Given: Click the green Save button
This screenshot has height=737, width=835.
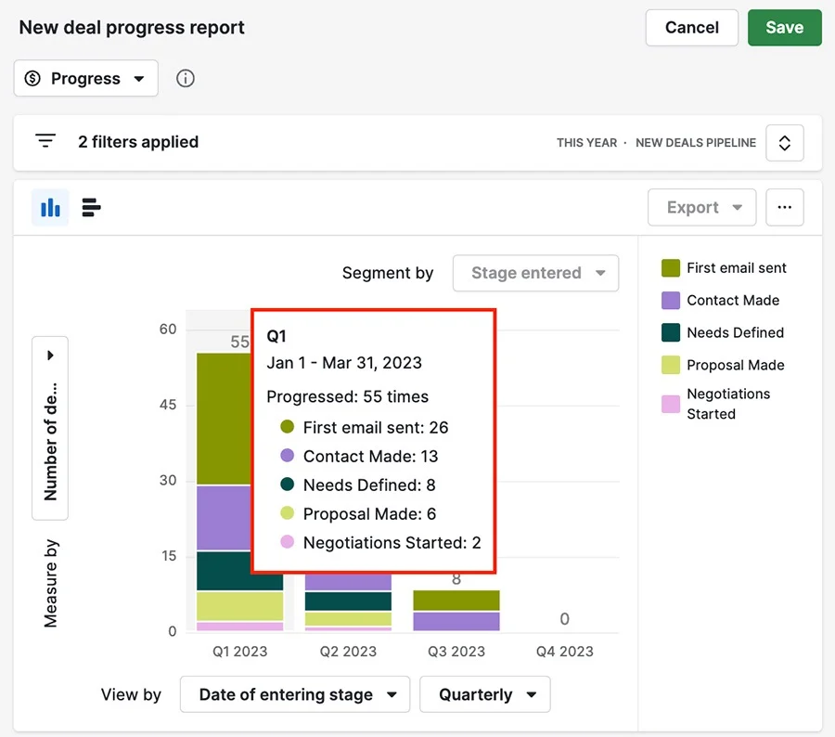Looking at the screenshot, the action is point(784,27).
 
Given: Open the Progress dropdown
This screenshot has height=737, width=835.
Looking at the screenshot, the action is point(85,78).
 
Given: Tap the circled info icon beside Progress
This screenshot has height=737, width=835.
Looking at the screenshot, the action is point(186,78).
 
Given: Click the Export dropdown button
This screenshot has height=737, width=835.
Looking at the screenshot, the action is point(702,207).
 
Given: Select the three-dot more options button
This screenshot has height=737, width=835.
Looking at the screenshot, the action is point(784,207).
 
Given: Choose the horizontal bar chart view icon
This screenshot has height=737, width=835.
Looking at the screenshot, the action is point(91,207).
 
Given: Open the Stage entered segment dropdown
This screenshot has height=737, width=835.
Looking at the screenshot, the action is point(535,273).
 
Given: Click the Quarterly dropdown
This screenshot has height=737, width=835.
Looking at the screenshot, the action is point(484,694).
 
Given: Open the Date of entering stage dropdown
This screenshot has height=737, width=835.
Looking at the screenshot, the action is point(295,694).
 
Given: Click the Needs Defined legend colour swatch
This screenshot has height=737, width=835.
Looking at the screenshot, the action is point(671,332).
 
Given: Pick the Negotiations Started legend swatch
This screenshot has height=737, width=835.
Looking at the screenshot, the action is point(671,404).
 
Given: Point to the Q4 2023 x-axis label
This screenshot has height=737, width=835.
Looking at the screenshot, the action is point(564,652).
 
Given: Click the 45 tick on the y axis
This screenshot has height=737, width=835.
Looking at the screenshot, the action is point(168,405).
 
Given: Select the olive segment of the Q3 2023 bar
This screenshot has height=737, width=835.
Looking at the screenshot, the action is point(456,601).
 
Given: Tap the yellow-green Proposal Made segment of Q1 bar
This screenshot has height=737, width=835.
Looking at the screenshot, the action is point(239,606).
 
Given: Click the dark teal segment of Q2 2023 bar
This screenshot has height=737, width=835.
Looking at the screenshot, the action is point(348,601).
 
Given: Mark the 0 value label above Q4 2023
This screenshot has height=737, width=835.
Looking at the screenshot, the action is point(564,619).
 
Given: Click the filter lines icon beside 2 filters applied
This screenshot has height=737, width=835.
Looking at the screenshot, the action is point(45,141).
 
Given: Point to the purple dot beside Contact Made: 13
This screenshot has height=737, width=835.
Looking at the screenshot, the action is point(287,455).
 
